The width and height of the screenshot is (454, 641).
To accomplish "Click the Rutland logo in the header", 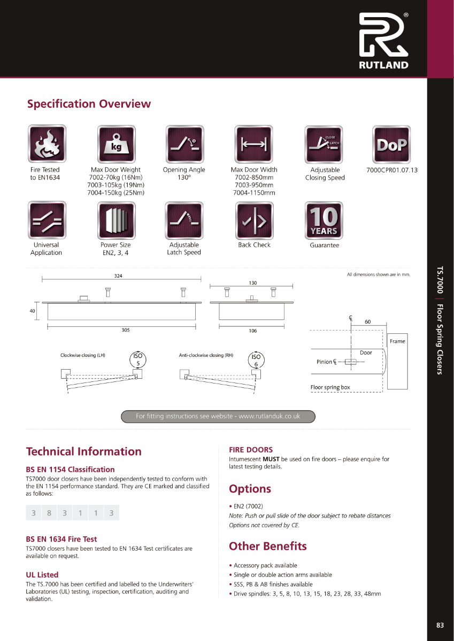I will tap(383, 40).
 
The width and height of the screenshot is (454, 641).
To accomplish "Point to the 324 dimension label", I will tap(118, 276).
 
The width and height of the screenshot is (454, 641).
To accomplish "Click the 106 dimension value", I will tap(252, 331).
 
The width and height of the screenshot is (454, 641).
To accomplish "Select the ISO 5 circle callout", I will tap(138, 359).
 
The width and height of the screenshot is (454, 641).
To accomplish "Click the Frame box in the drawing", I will tap(397, 342).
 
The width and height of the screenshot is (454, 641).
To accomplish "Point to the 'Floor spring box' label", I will tap(330, 387).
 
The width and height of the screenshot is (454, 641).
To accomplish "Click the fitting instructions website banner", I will tap(218, 416).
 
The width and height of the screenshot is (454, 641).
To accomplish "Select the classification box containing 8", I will tap(49, 513).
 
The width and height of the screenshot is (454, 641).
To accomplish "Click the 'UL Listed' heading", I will tap(42, 575).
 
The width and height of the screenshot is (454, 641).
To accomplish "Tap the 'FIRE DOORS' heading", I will tap(251, 450).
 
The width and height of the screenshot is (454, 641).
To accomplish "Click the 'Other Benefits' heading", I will tap(267, 546).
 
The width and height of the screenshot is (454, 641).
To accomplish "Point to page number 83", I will tap(440, 625).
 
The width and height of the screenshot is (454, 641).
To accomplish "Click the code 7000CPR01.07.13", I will tap(392, 170).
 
